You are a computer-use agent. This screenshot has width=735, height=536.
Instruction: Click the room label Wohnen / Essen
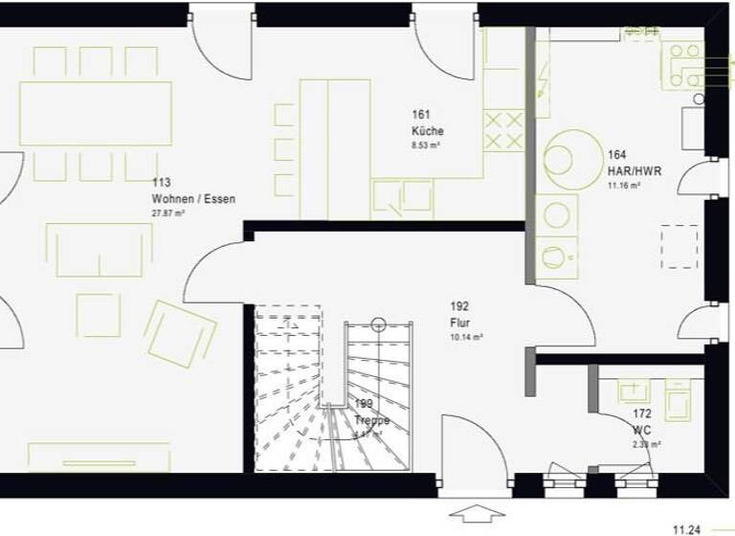(192, 199)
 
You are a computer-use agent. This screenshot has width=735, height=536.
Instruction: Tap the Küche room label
(428, 131)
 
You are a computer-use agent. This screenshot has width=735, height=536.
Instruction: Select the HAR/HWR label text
(634, 170)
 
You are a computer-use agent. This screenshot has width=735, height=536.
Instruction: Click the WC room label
(641, 430)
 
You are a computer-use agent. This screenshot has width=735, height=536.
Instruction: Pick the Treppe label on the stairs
(371, 419)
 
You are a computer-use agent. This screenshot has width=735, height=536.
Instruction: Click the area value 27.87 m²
(168, 213)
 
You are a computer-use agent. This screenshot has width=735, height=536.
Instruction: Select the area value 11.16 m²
(624, 185)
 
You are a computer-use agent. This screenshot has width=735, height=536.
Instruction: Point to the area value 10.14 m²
(467, 337)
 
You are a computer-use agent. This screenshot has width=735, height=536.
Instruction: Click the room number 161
(420, 114)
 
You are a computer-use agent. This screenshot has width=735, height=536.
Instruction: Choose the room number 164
(616, 153)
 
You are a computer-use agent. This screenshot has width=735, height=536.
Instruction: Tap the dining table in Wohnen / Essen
(96, 113)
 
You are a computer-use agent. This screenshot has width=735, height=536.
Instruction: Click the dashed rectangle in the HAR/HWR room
(679, 246)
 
